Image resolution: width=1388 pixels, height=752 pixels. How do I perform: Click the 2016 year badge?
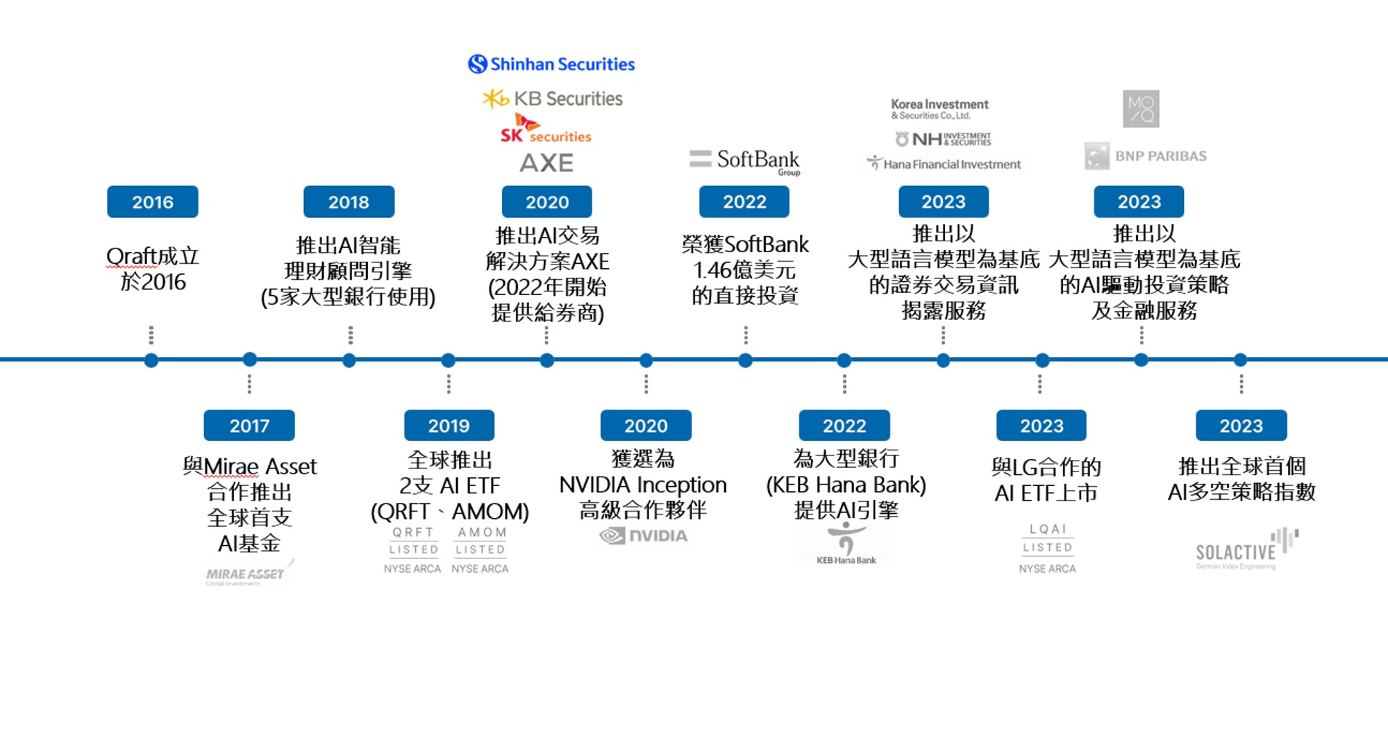pos(152,202)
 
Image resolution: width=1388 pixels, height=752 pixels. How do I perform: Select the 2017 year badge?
pos(249,426)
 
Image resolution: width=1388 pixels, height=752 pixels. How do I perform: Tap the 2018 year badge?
pos(349,202)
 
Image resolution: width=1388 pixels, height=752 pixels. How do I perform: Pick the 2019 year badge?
pos(449,426)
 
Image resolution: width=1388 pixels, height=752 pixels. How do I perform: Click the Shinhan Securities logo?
pos(552,64)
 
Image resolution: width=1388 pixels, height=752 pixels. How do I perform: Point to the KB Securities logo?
pos(553,98)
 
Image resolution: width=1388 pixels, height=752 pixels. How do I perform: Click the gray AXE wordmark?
pos(546,162)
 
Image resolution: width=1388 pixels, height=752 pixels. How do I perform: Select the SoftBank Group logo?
pos(745,161)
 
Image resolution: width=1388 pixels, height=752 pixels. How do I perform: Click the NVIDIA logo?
pos(643,536)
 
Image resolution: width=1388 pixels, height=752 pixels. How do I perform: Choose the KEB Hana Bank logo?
pos(845,545)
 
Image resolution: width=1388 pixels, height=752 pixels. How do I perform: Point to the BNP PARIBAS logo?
pos(1145,156)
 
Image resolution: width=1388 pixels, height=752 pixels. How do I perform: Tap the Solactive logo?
pos(1246,550)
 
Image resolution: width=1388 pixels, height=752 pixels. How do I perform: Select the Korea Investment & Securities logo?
pos(939,109)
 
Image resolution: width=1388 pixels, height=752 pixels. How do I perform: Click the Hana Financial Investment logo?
pos(944,164)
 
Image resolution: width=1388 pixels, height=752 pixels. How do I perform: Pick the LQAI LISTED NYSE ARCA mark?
pos(1047,548)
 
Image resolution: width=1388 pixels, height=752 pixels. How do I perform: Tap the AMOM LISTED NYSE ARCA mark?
pos(480,550)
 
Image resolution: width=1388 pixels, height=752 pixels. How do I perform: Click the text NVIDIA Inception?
pos(643,485)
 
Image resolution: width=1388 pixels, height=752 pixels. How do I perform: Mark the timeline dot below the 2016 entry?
pos(152,360)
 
